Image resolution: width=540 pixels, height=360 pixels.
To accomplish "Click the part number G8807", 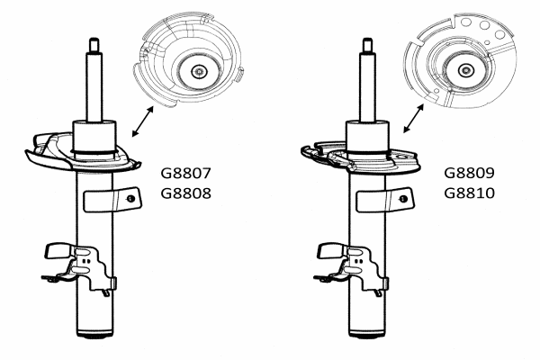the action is pos(185,173).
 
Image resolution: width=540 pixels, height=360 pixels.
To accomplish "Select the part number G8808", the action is pos(186,193).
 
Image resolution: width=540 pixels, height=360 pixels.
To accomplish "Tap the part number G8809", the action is pos(469,173).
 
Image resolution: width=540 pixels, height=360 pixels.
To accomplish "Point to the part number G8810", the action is pos(469,193).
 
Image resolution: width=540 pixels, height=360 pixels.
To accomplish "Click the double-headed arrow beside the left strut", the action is pos(142,121).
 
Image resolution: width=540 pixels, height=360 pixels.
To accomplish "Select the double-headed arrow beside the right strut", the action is pos(414,118).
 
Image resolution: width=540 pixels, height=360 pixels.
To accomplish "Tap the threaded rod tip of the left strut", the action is pos(94,45).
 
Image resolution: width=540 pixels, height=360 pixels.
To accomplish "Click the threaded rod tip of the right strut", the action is pos(367,46).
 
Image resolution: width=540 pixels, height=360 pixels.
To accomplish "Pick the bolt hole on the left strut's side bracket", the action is pos(130,198).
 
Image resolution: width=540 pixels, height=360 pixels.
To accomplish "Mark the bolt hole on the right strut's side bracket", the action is pos(403,199).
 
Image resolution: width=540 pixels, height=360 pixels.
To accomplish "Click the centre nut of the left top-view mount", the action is pos(199,72).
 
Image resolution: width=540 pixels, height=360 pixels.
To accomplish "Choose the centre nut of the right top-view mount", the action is pos(466,70).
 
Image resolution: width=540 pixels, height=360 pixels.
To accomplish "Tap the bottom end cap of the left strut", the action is pos(94,334).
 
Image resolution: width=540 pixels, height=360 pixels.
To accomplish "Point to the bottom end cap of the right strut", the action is pos(367,334).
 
